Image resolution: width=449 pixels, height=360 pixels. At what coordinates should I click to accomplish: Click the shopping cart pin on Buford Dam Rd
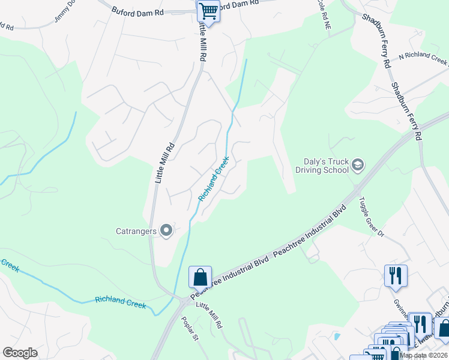(208, 10)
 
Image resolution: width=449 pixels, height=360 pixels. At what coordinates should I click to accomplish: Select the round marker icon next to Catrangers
(167, 230)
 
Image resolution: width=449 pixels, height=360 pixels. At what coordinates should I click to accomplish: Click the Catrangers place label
(136, 230)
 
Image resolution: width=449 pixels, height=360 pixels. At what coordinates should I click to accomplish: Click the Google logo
(20, 353)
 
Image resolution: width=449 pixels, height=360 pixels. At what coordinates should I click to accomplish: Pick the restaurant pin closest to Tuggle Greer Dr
(396, 276)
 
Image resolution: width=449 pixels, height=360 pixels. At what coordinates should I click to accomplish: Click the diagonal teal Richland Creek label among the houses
(214, 179)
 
